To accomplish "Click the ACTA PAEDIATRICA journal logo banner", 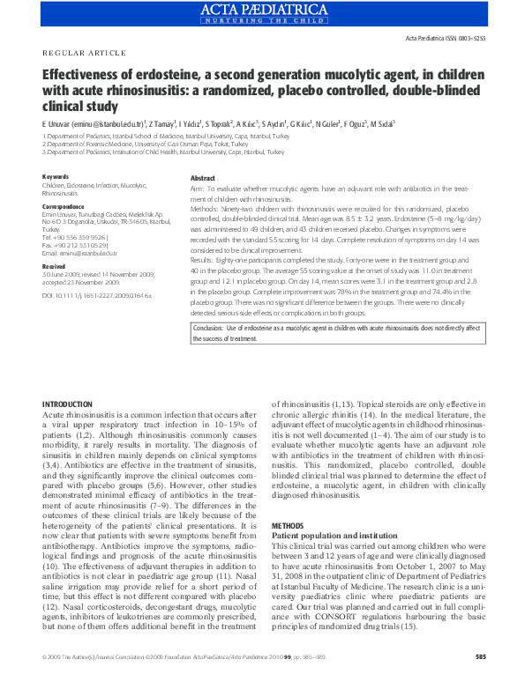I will pyautogui.click(x=262, y=12).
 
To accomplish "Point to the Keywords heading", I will pyautogui.click(x=56, y=176).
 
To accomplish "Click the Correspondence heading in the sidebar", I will pyautogui.click(x=64, y=206).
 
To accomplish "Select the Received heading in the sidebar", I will pyautogui.click(x=54, y=265).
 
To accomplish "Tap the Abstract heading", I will pyautogui.click(x=203, y=178).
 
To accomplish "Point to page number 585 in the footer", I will pyautogui.click(x=480, y=681).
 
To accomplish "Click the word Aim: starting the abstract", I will pyautogui.click(x=198, y=189).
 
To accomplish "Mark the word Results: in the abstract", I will pyautogui.click(x=204, y=259).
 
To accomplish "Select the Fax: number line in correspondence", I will pyautogui.click(x=77, y=244).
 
